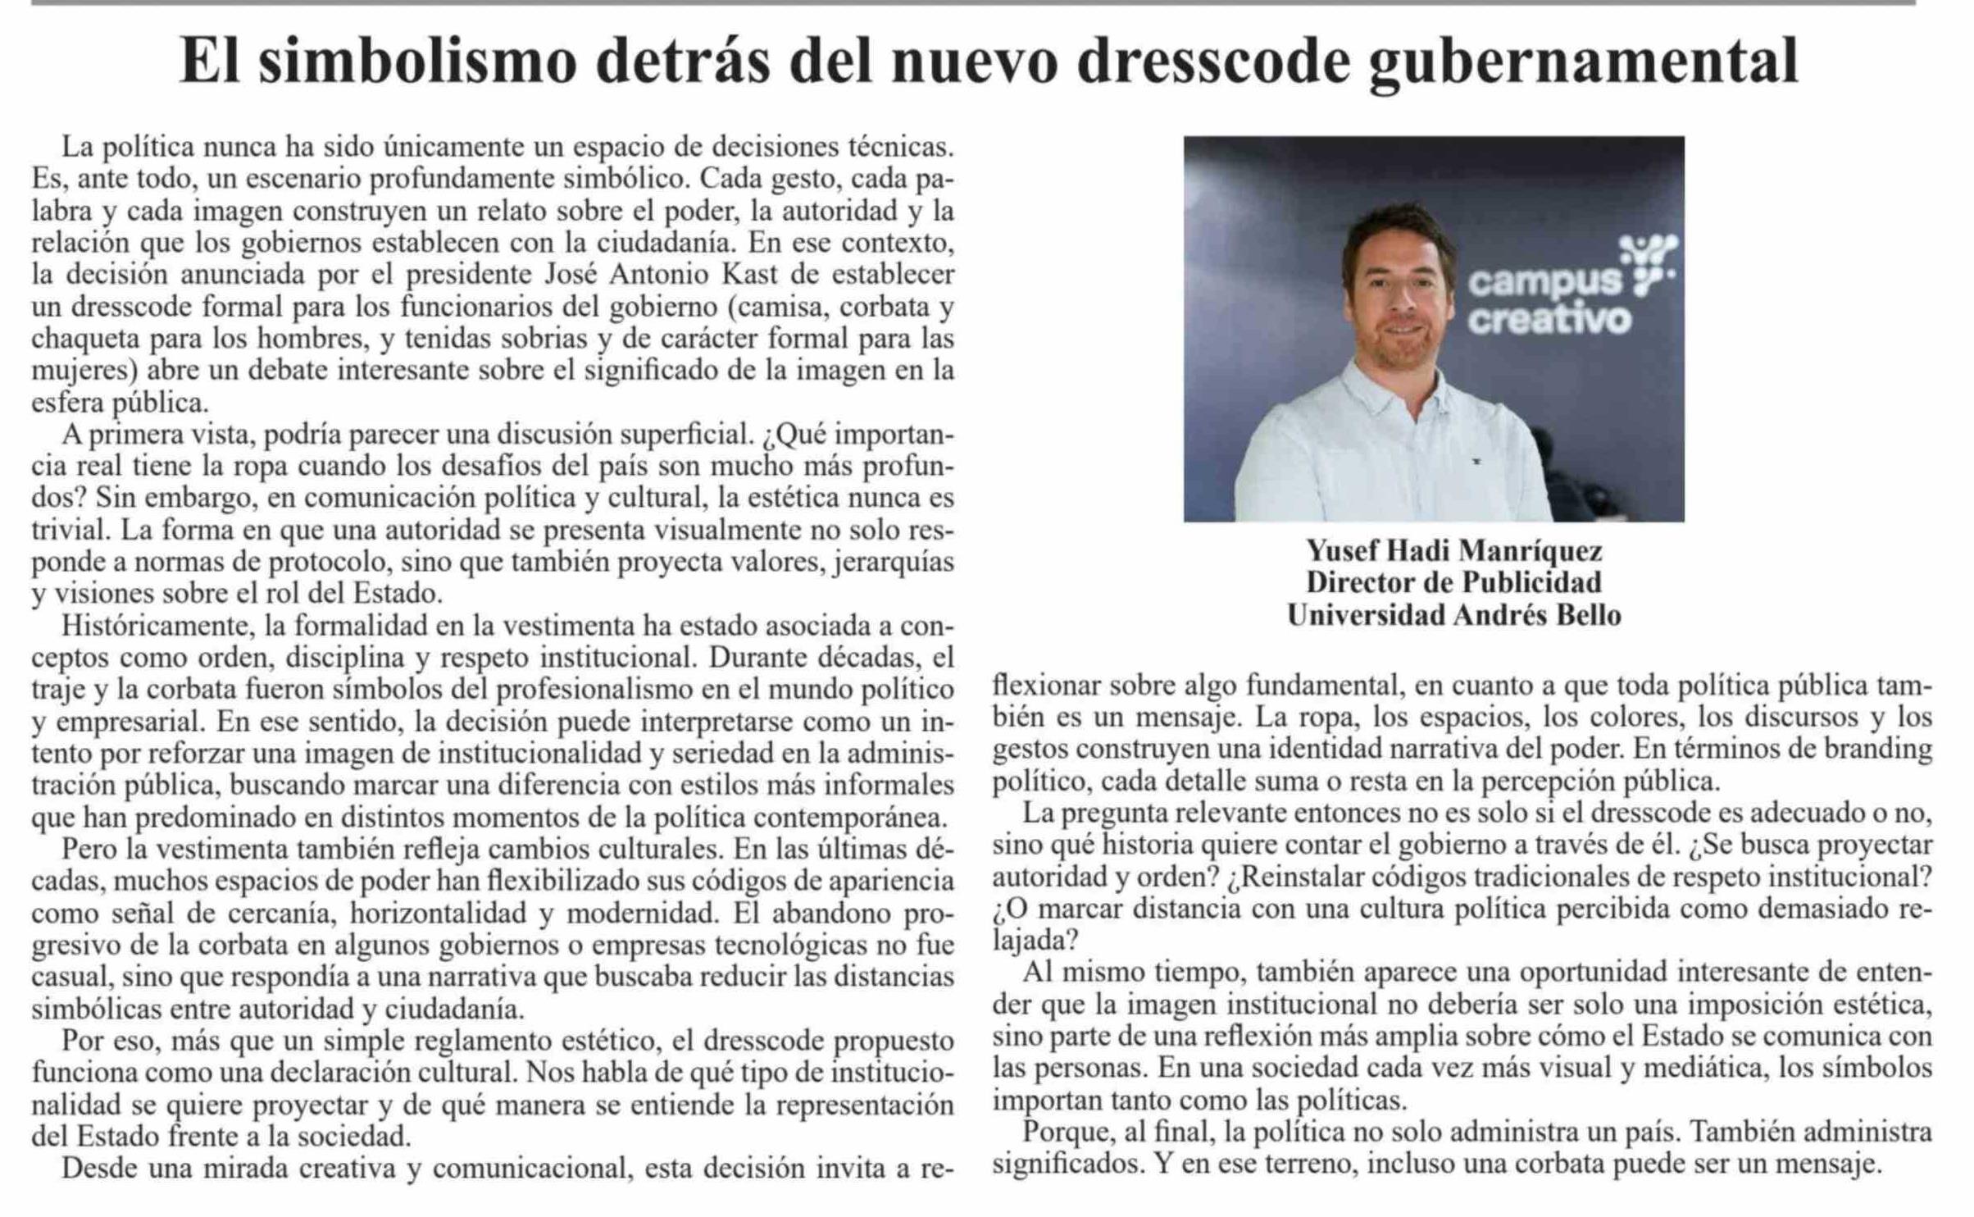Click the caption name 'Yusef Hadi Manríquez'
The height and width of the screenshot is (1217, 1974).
click(1453, 551)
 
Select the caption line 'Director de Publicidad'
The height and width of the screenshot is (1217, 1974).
click(1453, 583)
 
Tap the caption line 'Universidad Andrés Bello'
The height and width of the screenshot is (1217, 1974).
click(1453, 615)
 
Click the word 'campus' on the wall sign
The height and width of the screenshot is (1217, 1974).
click(1544, 283)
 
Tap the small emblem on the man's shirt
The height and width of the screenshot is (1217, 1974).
click(1476, 462)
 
